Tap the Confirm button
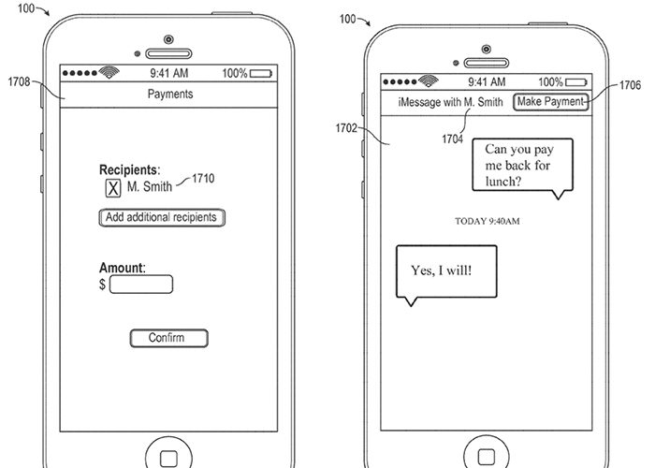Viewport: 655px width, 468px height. coord(167,338)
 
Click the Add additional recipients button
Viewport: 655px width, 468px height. coord(162,218)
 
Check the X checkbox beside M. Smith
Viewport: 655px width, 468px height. coord(112,189)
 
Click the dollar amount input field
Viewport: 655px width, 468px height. coord(140,285)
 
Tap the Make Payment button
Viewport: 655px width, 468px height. coord(551,102)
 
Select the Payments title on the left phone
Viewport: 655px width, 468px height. coord(170,94)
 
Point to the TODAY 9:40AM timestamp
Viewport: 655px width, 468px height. coord(488,221)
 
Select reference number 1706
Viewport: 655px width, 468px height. coord(630,84)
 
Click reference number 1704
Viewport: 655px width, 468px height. coord(453,138)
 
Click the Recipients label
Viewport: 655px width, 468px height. coord(129,170)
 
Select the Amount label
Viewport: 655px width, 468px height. coord(123,268)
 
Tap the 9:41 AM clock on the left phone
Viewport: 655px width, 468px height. coord(169,73)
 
